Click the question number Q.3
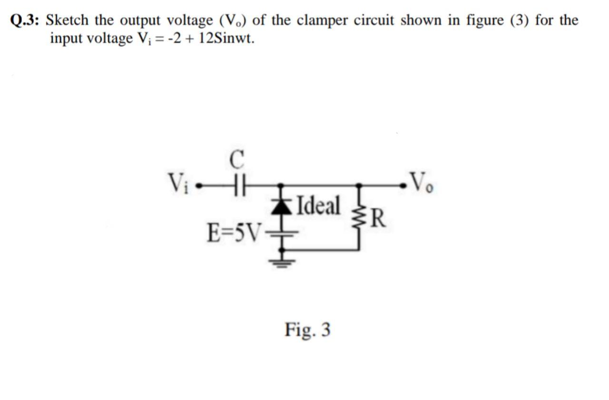pyautogui.click(x=25, y=20)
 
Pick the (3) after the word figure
pyautogui.click(x=521, y=20)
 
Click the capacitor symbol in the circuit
pyautogui.click(x=236, y=184)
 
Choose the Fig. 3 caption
pyautogui.click(x=307, y=329)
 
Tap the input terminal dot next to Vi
pyautogui.click(x=200, y=184)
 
